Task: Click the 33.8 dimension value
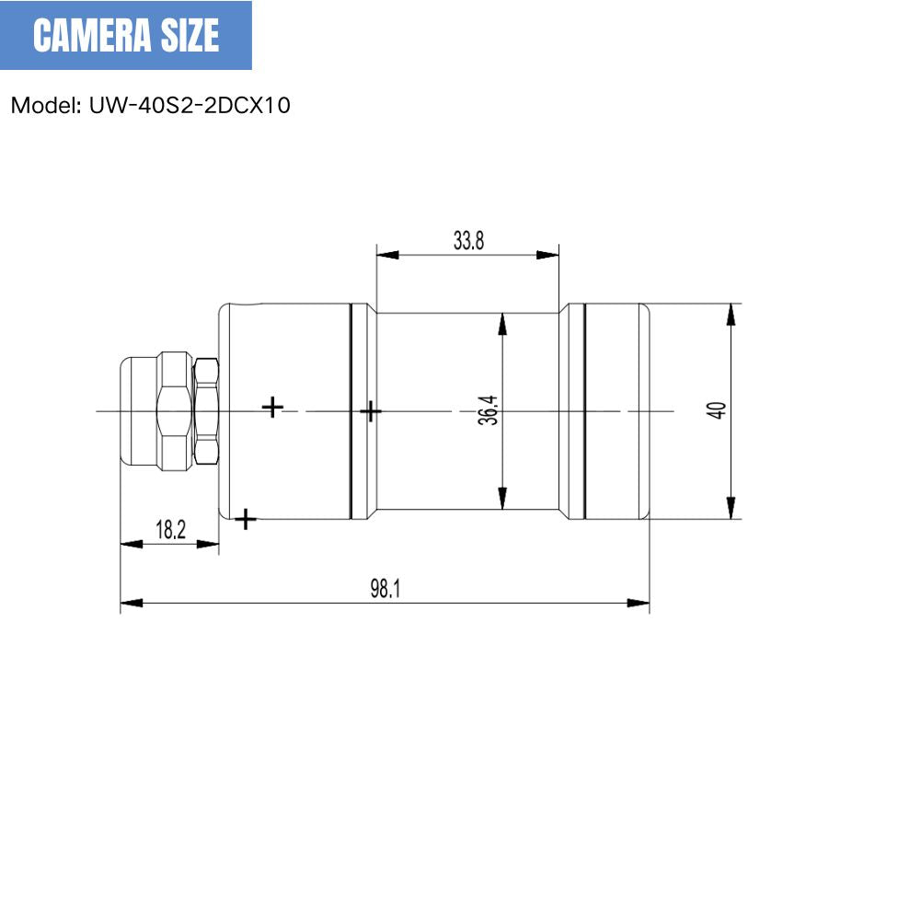[x=468, y=241]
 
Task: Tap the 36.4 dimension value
[x=489, y=409]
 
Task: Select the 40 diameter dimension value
[x=717, y=410]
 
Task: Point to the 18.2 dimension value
[x=170, y=530]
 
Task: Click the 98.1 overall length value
[x=385, y=589]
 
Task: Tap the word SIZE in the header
[x=190, y=35]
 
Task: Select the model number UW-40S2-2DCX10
[x=190, y=105]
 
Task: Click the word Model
[x=45, y=105]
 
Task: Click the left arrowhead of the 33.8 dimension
[x=387, y=255]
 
